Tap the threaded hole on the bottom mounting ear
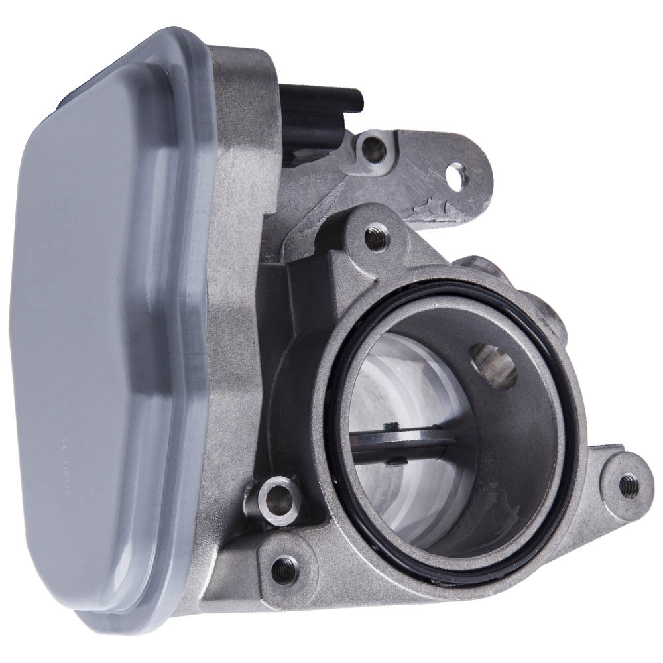point(284,568)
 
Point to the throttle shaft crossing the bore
point(398,443)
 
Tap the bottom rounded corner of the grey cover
point(99,613)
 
